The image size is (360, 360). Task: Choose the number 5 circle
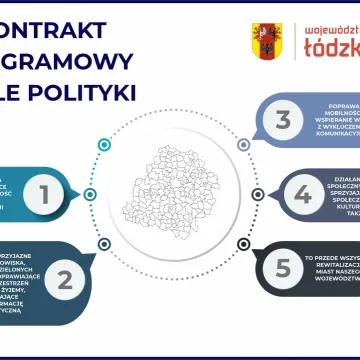pos(284,268)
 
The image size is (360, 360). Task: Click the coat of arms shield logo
pos(265,41)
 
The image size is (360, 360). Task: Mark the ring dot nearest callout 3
pos(243,145)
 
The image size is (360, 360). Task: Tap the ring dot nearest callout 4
pos(257,194)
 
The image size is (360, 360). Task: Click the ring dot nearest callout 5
pos(243,244)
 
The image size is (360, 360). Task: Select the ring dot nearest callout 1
pos(91,194)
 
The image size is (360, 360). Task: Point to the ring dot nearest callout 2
pos(103,244)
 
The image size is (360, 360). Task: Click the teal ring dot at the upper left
pos(103,145)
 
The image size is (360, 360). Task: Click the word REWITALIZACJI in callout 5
pos(336,264)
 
